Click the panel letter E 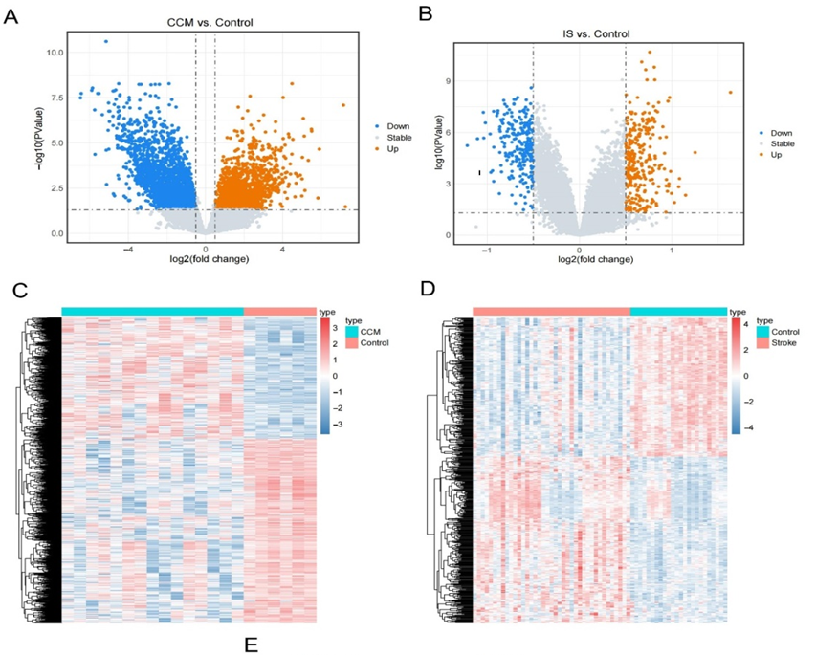coord(251,644)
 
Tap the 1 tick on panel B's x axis coord(672,250)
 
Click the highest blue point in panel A coord(105,41)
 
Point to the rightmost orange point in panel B coord(730,93)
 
